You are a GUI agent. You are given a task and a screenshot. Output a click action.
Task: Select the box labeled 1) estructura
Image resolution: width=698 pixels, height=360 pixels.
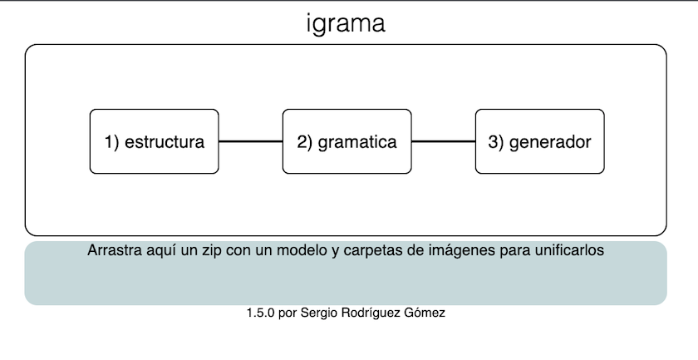[154, 141]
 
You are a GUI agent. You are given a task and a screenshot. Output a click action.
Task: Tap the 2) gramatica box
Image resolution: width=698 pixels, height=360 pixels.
[347, 141]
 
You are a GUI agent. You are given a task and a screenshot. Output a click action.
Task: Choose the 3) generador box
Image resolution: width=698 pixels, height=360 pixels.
[539, 141]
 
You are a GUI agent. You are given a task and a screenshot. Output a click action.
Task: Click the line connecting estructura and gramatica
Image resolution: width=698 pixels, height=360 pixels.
[250, 141]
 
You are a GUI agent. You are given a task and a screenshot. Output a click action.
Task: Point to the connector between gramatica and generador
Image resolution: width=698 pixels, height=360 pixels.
[443, 141]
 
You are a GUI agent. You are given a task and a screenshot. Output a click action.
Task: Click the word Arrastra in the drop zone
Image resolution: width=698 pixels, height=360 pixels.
[112, 250]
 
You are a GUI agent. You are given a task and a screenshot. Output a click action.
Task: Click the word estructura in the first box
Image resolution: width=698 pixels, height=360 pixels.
[165, 142]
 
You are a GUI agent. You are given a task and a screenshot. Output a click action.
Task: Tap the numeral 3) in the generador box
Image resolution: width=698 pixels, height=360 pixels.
[496, 142]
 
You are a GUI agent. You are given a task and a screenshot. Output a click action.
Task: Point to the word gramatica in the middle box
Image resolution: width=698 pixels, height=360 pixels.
[357, 142]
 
